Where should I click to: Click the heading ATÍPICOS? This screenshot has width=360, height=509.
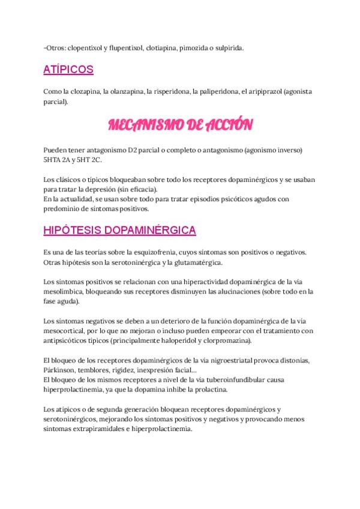tap(68, 70)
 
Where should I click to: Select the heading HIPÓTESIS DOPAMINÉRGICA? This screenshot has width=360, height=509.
tap(119, 230)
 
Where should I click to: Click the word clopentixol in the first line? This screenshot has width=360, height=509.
tap(83, 47)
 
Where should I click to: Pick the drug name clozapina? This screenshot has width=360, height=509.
tap(85, 91)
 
